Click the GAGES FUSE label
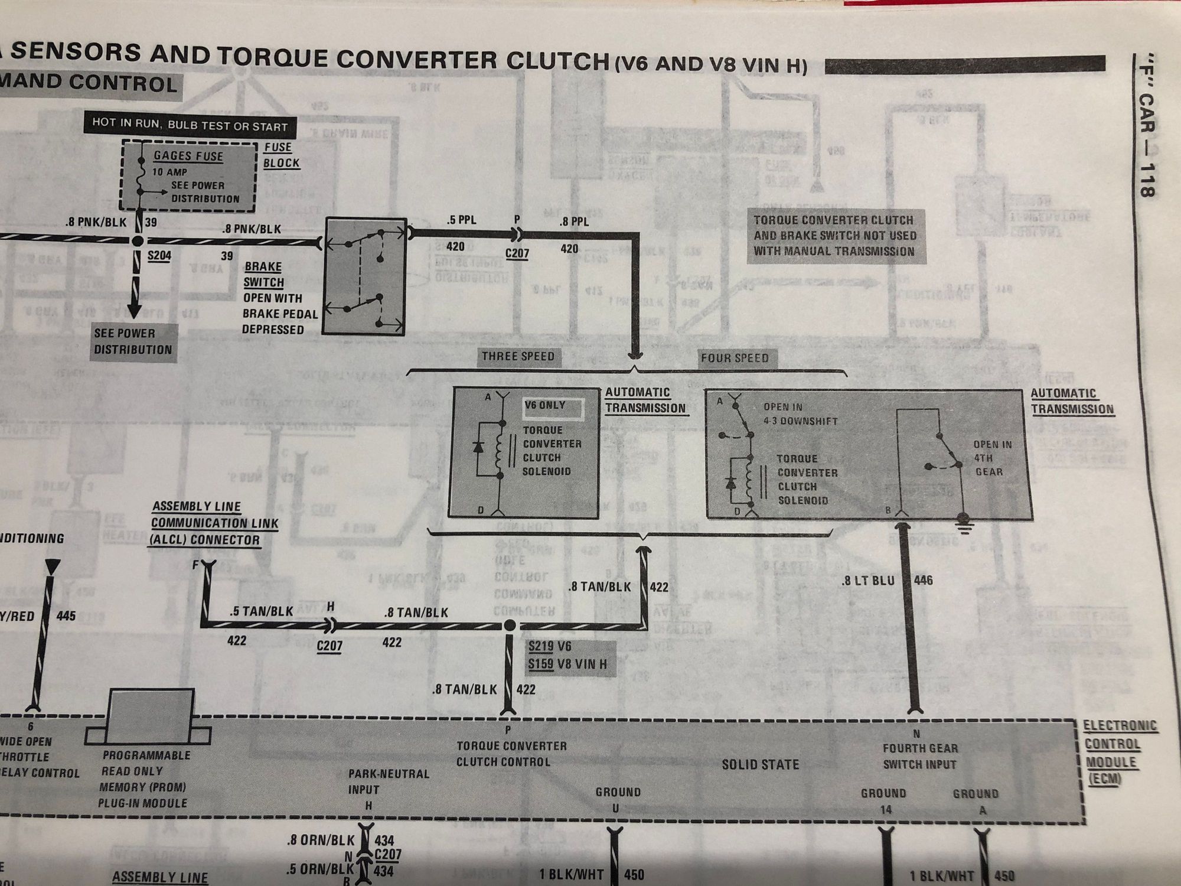point(188,156)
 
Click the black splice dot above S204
point(138,241)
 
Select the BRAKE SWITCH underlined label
point(264,275)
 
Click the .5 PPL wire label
point(462,220)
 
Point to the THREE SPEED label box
point(518,356)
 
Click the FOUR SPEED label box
point(735,358)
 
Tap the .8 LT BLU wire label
point(869,581)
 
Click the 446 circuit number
point(924,581)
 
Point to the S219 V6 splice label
point(550,647)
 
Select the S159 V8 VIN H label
point(567,664)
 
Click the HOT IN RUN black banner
point(190,126)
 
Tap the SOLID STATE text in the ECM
point(761,765)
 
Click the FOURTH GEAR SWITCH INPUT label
point(919,756)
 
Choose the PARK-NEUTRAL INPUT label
point(389,781)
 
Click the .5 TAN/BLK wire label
point(262,612)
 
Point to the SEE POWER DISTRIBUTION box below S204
point(133,341)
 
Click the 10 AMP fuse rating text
point(170,172)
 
